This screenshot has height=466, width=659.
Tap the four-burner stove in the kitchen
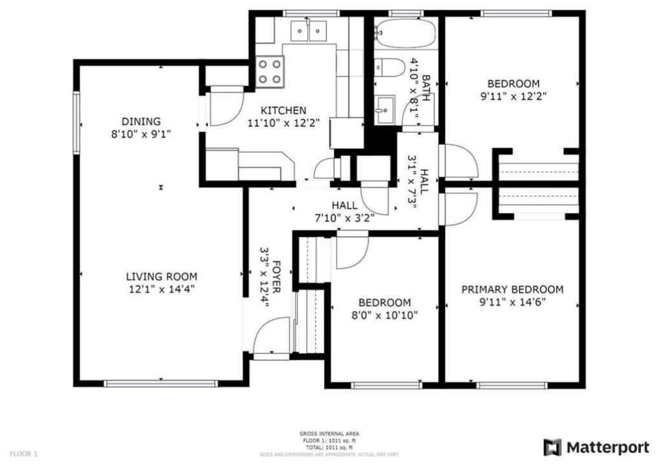pos(270,72)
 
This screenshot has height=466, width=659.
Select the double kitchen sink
pos(308,30)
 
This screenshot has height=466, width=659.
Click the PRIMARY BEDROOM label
pos(512,289)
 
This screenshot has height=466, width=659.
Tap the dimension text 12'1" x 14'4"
pos(161,289)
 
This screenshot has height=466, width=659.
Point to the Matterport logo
pos(596,447)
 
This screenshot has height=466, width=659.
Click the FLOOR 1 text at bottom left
pos(23,454)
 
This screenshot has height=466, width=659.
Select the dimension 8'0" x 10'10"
pos(385,315)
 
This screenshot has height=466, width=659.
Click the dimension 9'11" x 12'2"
pos(513,96)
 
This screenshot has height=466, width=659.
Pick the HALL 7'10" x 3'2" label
pos(344,212)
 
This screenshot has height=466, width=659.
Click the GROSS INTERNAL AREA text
pos(329,434)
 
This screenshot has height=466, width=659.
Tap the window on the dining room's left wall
pos(76,120)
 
